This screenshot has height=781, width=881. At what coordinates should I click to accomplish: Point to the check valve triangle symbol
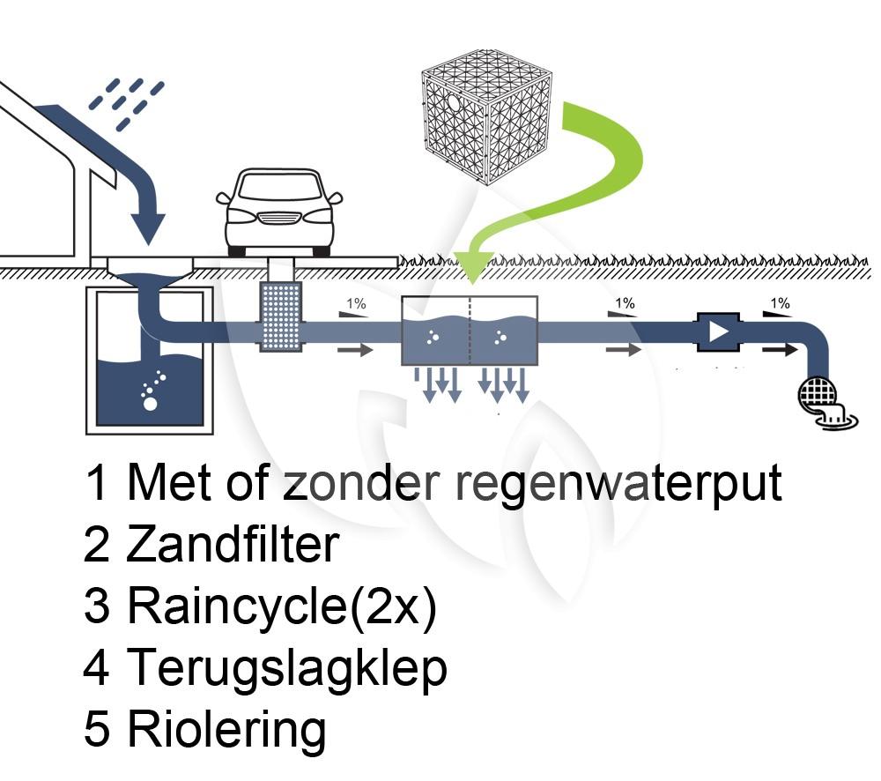pyautogui.click(x=719, y=332)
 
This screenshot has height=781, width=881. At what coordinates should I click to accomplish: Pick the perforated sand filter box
pyautogui.click(x=281, y=316)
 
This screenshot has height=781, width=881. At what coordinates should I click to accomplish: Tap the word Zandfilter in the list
pyautogui.click(x=233, y=546)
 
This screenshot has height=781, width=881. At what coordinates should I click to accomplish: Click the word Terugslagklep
pyautogui.click(x=287, y=669)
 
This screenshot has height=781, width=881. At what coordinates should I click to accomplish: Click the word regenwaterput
pyautogui.click(x=618, y=483)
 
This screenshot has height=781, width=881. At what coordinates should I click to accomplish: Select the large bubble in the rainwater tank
pyautogui.click(x=150, y=404)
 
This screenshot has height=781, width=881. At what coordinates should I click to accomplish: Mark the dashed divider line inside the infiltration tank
pyautogui.click(x=470, y=331)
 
